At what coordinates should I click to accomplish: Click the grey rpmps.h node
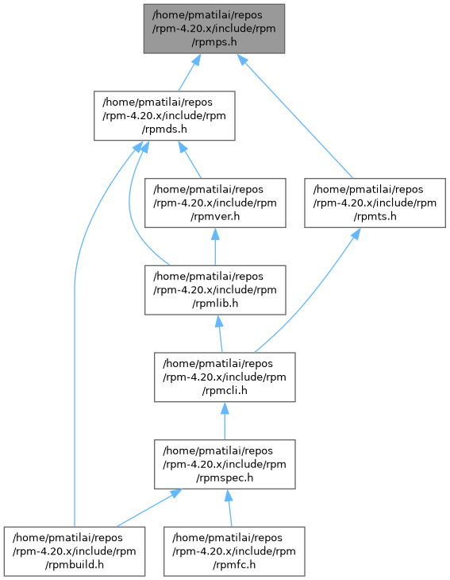pyautogui.click(x=214, y=29)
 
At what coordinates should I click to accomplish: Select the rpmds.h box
pyautogui.click(x=164, y=116)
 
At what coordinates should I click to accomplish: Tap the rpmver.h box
pyautogui.click(x=215, y=203)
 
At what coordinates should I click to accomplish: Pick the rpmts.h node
pyautogui.click(x=375, y=203)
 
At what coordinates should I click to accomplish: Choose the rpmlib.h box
pyautogui.click(x=215, y=290)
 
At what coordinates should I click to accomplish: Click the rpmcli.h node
pyautogui.click(x=225, y=377)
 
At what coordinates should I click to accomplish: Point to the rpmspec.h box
pyautogui.click(x=225, y=464)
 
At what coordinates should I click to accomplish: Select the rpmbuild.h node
pyautogui.click(x=75, y=551)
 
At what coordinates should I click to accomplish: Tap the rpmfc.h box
pyautogui.click(x=234, y=551)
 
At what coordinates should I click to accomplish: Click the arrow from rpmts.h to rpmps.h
pyautogui.click(x=294, y=116)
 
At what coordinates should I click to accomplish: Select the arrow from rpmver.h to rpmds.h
pyautogui.click(x=190, y=160)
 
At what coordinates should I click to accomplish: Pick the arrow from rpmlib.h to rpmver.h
pyautogui.click(x=215, y=247)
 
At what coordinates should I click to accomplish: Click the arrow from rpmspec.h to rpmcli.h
pyautogui.click(x=225, y=421)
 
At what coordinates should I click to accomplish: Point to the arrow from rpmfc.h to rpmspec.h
pyautogui.click(x=229, y=508)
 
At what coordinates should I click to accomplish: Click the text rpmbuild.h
pyautogui.click(x=75, y=565)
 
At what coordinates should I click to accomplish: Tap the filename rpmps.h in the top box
pyautogui.click(x=214, y=42)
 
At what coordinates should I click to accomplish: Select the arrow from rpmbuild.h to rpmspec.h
pyautogui.click(x=148, y=508)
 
